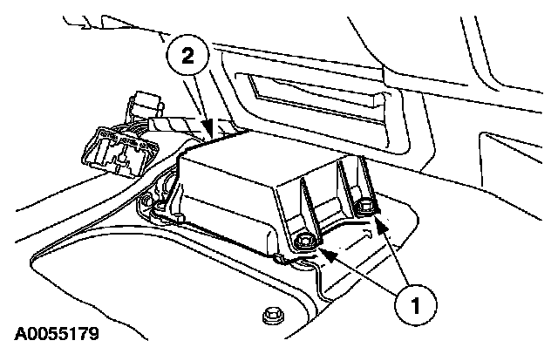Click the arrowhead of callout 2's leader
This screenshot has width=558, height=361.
pyautogui.click(x=210, y=133)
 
